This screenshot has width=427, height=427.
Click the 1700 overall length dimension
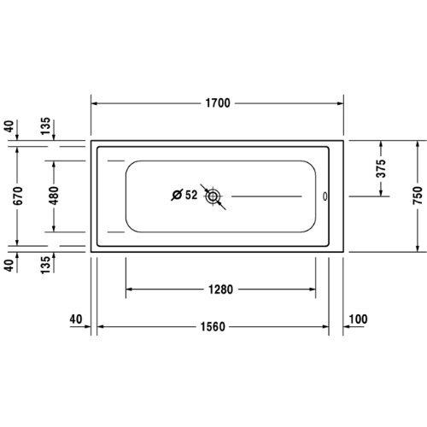(x=218, y=103)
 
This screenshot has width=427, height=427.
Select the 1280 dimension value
(x=221, y=290)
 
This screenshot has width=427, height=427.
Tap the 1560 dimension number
(x=213, y=327)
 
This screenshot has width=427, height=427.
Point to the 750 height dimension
(x=418, y=196)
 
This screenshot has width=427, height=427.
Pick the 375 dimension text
(x=381, y=168)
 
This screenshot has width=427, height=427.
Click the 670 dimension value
(x=18, y=196)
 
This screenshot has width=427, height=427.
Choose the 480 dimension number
(x=54, y=196)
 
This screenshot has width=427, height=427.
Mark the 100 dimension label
(x=358, y=319)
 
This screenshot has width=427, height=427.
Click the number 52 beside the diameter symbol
(x=191, y=195)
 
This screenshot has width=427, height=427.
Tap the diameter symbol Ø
(x=177, y=195)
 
